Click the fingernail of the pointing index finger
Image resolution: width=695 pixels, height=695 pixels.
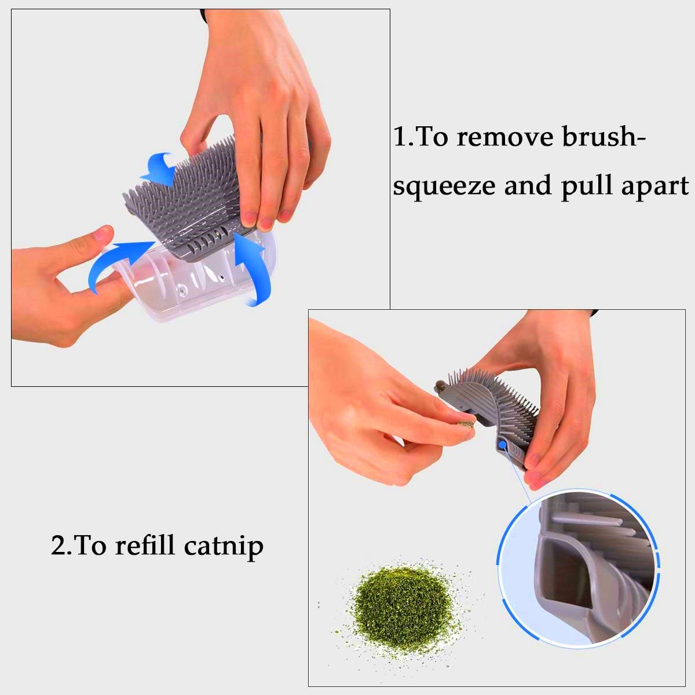(103, 233)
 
